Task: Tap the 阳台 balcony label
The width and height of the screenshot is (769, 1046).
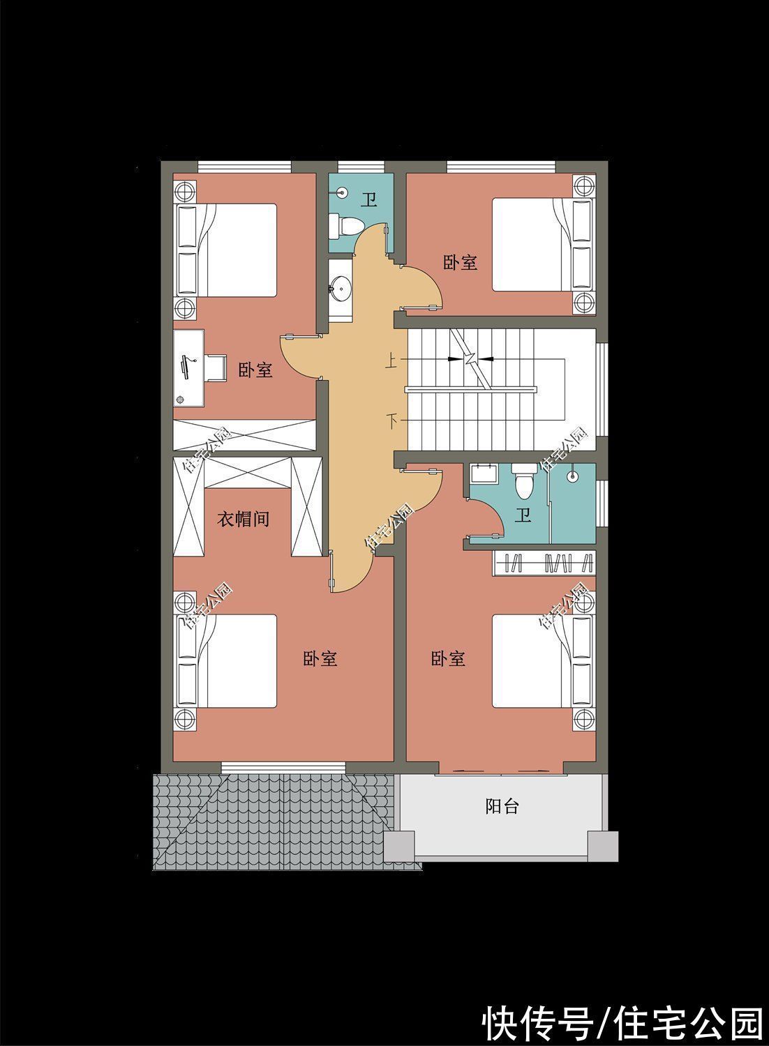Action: coord(502,807)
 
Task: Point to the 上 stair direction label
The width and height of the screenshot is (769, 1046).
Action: coord(391,361)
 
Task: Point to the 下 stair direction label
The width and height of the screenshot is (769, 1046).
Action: coord(392,420)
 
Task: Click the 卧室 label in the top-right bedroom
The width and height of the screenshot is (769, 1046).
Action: coord(460,262)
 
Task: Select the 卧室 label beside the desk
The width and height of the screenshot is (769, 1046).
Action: coord(255,370)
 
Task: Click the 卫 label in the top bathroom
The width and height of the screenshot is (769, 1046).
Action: coord(368,201)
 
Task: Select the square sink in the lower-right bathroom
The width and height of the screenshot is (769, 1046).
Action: coord(482,473)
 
